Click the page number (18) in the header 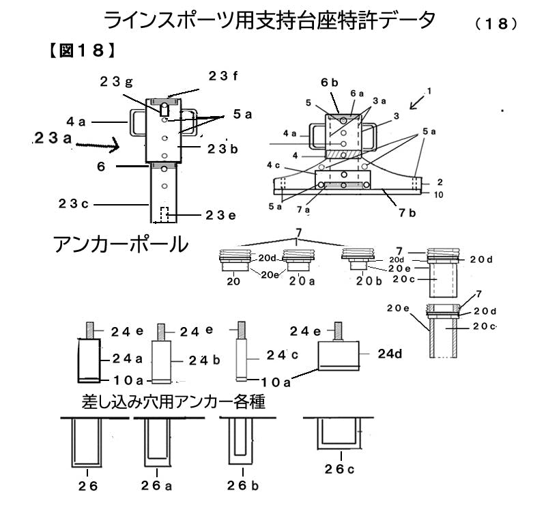(494, 23)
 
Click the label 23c (73, 203)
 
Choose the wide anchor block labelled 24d (339, 356)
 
